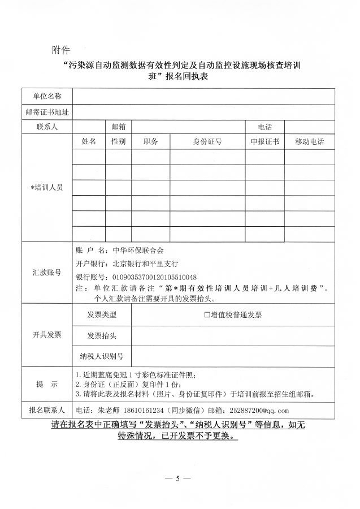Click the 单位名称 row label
pyautogui.click(x=47, y=97)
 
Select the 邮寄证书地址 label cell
pyautogui.click(x=47, y=112)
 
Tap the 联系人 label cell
pyautogui.click(x=47, y=127)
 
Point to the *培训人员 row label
pyautogui.click(x=47, y=187)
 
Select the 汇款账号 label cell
pyautogui.click(x=47, y=273)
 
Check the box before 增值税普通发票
pyautogui.click(x=207, y=315)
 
